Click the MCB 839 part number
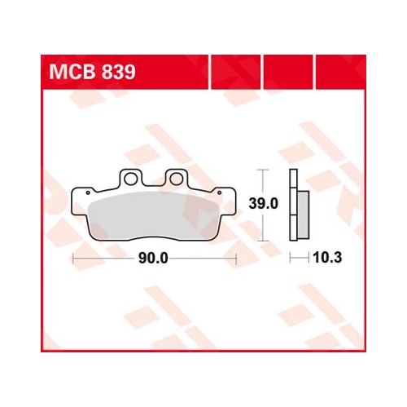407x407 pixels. point(92,73)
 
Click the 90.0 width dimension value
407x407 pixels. point(153,258)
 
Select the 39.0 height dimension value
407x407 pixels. point(264,203)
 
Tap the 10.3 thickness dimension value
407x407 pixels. point(327,258)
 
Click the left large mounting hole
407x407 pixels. point(130,179)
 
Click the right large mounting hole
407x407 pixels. point(176,179)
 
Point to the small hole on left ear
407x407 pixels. point(88,192)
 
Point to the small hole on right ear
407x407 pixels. point(219,192)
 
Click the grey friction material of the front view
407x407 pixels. point(154,215)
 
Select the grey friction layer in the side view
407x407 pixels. point(304,215)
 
